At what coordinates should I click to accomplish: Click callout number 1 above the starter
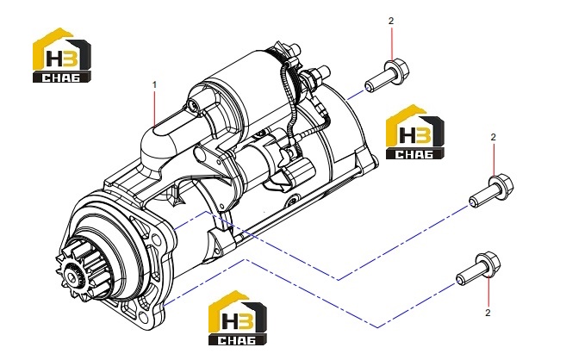point(154,85)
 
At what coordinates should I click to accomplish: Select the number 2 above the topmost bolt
point(391,21)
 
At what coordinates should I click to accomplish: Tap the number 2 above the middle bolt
point(494,137)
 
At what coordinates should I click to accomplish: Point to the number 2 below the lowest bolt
point(488,313)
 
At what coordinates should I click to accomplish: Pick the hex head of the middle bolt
point(501,185)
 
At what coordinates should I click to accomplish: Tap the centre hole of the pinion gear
point(74,279)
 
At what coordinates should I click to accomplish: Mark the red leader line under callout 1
point(155,108)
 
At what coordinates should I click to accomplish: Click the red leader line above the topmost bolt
point(391,43)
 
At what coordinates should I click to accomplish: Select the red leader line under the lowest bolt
point(488,291)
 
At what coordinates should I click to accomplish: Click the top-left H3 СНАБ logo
point(62,55)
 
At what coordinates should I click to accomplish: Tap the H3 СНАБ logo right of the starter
point(414,132)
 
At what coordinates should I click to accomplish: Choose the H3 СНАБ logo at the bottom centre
point(238,318)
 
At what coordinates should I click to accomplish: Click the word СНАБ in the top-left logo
point(62,78)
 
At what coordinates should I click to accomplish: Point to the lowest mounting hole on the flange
point(144,318)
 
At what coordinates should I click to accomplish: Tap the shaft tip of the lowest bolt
point(459,279)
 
